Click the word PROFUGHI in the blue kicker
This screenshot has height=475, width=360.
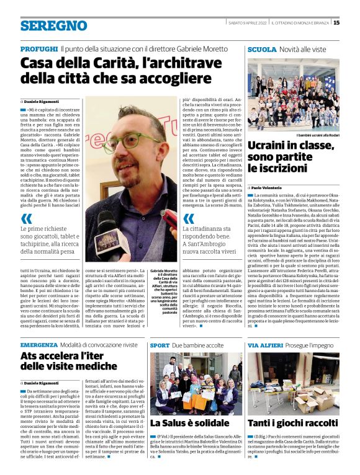tap(38, 48)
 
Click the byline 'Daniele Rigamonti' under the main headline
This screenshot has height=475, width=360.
tap(43, 100)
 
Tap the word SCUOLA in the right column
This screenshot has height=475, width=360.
tap(262, 48)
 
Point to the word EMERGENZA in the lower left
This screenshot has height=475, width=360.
tap(38, 344)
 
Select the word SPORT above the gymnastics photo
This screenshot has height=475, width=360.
tap(160, 344)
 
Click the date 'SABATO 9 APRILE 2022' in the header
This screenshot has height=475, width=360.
tap(245, 23)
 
